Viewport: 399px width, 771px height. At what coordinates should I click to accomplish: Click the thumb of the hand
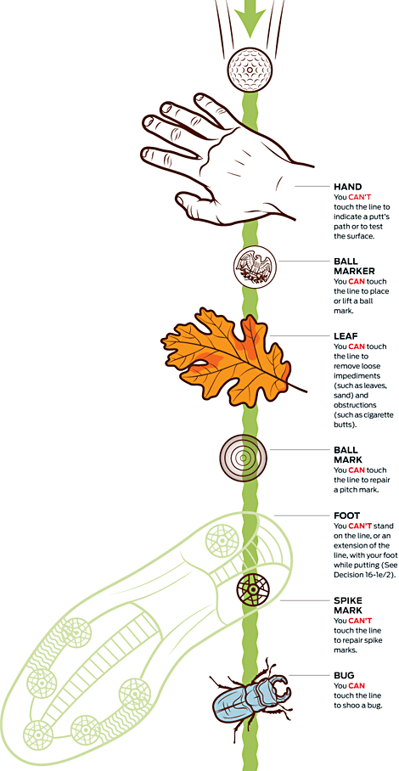(x=198, y=203)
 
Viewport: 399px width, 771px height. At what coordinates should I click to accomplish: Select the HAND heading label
(x=347, y=187)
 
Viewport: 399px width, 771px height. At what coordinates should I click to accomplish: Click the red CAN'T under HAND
(x=360, y=197)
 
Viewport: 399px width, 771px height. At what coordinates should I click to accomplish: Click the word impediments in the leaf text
(x=355, y=375)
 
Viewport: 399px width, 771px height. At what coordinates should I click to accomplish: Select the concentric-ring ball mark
(x=244, y=459)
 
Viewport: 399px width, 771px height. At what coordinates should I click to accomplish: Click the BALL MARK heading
(x=346, y=455)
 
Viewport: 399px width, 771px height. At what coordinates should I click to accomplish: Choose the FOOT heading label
(x=346, y=515)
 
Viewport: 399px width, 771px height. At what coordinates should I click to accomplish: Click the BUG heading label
(x=344, y=676)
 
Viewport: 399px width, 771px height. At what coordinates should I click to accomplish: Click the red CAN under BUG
(x=357, y=685)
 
